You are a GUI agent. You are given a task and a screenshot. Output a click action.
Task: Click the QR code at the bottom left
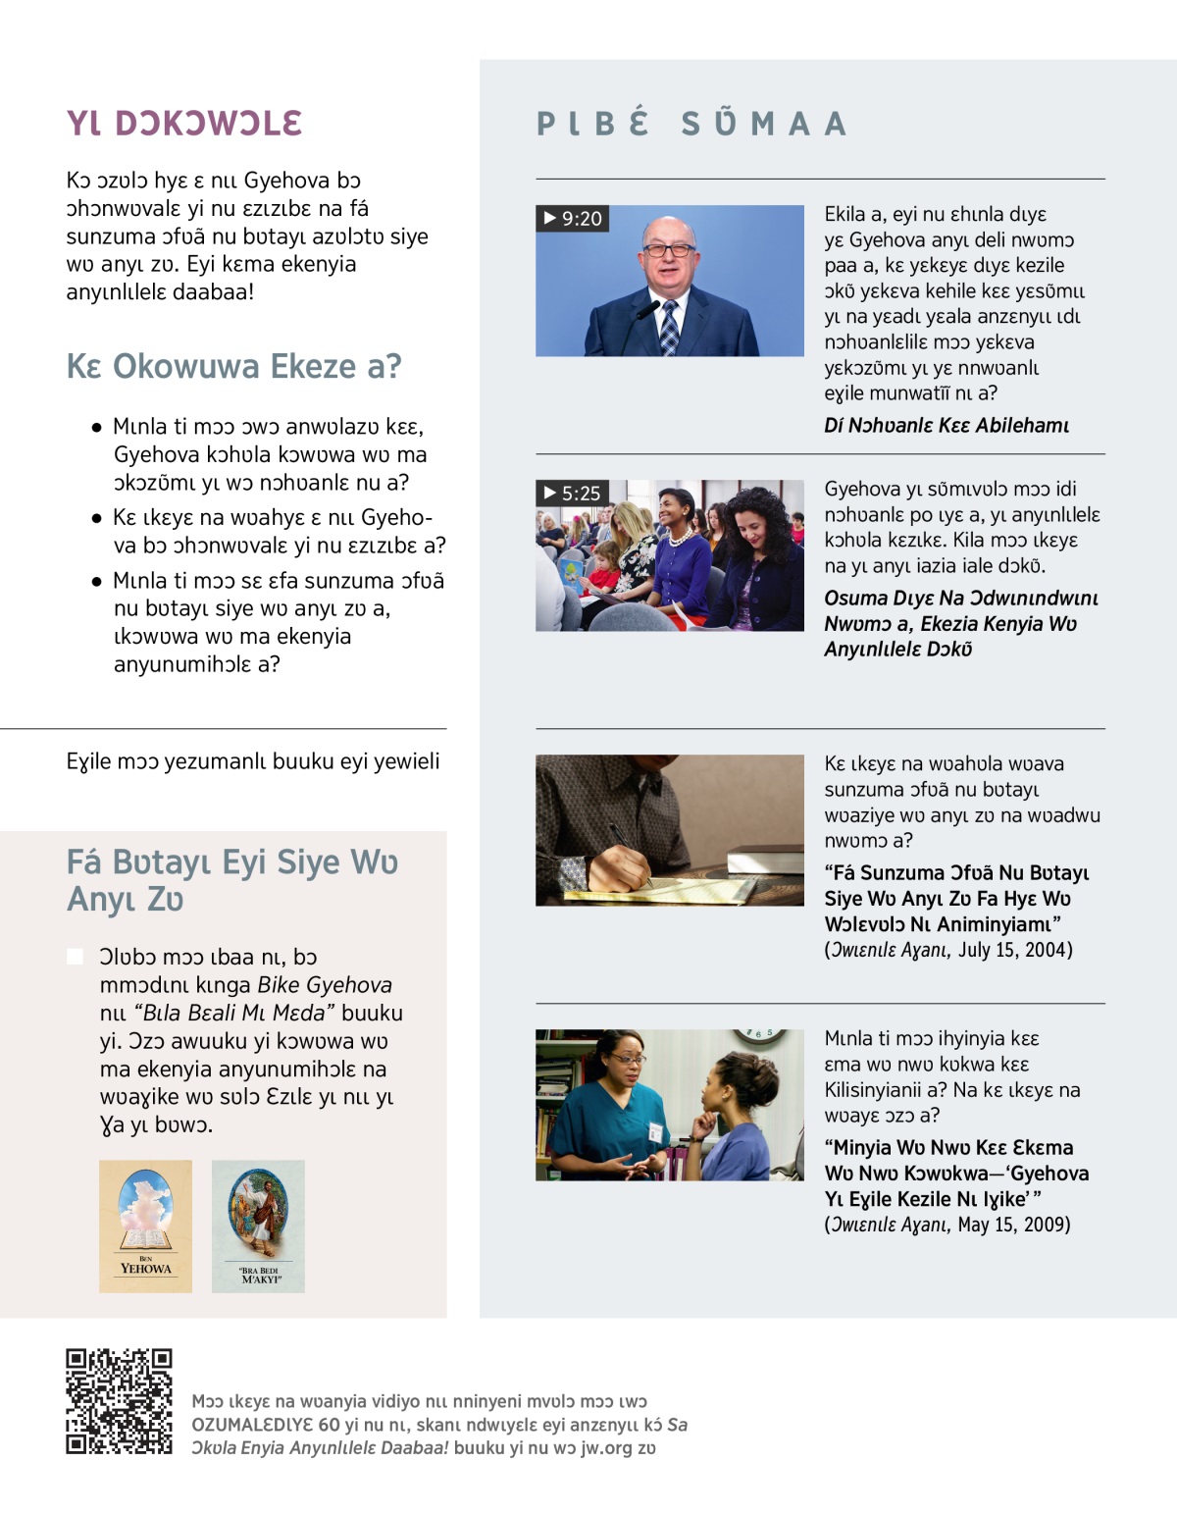coord(119,1400)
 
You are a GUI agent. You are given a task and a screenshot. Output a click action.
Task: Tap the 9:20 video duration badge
coord(573,218)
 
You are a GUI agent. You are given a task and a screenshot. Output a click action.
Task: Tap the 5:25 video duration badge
coord(573,493)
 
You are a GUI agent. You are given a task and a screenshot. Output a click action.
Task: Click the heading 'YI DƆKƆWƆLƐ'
coord(184,124)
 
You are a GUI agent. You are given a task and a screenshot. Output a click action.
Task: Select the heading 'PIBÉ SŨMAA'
coord(691,124)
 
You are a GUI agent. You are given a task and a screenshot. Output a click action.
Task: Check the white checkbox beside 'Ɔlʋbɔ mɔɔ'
coord(75,956)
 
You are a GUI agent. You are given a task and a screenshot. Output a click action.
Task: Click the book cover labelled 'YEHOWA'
coord(145,1226)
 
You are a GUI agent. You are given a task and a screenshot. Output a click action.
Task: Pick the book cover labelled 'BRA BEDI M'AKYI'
coord(258,1226)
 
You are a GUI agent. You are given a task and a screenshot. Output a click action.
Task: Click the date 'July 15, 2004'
coord(1014,949)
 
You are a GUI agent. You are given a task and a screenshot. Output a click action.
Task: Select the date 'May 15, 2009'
coord(1013,1224)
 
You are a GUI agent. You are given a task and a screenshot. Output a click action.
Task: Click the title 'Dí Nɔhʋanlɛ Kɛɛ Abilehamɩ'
coord(947,425)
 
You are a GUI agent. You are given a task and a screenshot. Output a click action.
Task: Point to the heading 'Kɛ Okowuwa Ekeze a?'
coord(233,366)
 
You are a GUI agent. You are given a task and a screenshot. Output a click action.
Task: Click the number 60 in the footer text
coord(329,1424)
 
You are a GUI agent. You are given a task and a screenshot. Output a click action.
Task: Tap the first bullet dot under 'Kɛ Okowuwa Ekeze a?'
coord(96,428)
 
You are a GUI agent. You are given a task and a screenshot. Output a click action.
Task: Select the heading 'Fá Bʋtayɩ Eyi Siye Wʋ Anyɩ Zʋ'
coord(232,880)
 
